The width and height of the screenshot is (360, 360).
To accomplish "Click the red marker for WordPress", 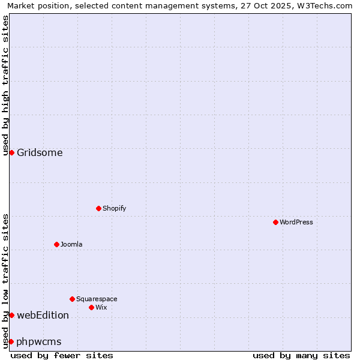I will click(x=275, y=222).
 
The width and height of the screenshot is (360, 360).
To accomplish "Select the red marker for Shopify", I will click(x=98, y=208).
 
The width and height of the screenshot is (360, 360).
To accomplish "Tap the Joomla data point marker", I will click(x=56, y=244).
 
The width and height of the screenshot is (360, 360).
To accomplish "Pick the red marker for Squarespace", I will click(x=72, y=299).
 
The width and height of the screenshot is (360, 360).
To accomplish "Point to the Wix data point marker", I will click(x=91, y=307).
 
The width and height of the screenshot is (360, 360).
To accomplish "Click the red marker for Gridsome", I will click(x=11, y=152).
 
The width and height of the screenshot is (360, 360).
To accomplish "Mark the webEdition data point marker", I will click(x=11, y=315).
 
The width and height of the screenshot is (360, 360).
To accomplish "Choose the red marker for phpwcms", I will click(x=11, y=341).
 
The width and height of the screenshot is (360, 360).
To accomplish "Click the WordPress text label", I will click(x=296, y=222).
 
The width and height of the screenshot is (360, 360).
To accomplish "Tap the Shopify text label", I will click(x=114, y=208).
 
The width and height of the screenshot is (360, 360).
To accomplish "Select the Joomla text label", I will click(x=71, y=244).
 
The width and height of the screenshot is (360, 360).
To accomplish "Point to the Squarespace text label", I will click(x=97, y=299).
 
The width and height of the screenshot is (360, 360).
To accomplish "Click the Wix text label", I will click(x=101, y=307).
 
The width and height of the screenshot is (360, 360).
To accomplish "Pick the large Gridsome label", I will click(x=40, y=152).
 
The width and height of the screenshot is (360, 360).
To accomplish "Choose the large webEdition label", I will click(x=43, y=315).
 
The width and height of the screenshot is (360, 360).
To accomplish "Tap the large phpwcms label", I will click(x=39, y=341).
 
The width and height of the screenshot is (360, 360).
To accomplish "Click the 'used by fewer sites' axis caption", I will click(x=62, y=355).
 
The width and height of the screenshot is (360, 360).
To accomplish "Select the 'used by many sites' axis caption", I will click(x=301, y=355).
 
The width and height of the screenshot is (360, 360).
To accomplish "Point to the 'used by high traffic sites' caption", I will click(x=5, y=85).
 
